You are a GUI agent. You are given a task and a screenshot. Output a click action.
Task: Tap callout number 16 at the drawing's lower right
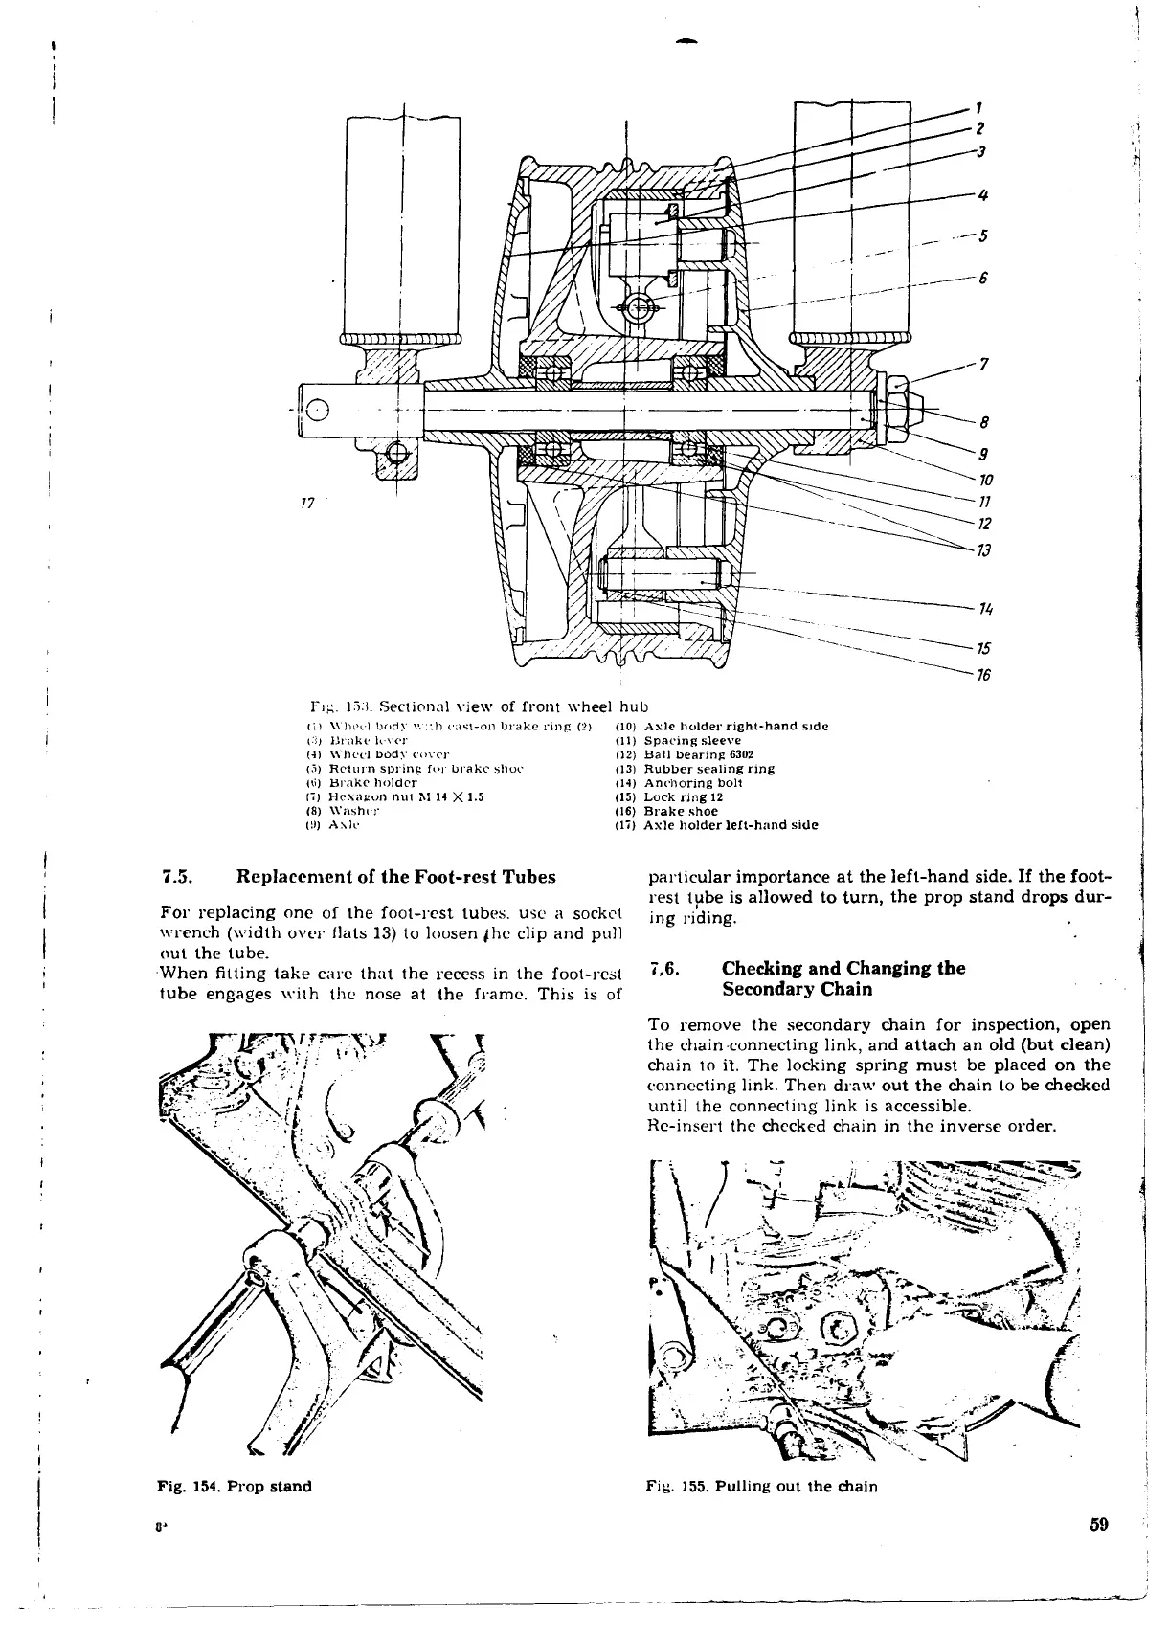tap(982, 676)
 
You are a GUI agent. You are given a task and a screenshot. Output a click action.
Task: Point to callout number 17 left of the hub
tap(307, 503)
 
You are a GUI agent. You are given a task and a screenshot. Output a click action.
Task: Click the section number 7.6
tap(663, 968)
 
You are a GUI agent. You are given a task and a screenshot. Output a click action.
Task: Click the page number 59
tap(1098, 1552)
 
